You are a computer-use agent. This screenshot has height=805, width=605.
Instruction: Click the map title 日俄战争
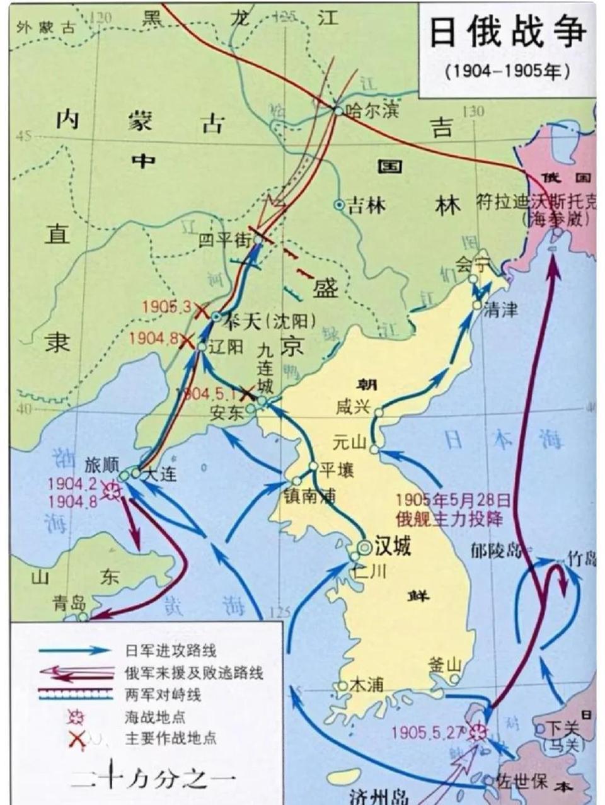pyautogui.click(x=508, y=32)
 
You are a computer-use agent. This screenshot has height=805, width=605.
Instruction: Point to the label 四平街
pyautogui.click(x=225, y=241)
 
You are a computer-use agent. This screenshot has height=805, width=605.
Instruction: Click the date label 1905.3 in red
pyautogui.click(x=166, y=307)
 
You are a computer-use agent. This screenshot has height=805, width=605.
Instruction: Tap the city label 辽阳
pyautogui.click(x=225, y=346)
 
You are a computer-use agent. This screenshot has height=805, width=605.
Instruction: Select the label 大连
pyautogui.click(x=160, y=474)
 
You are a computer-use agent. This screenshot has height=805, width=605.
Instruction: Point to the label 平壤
pyautogui.click(x=337, y=470)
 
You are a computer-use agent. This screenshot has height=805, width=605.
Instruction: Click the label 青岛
pyautogui.click(x=69, y=602)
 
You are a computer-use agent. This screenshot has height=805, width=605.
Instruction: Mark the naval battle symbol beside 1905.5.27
pyautogui.click(x=478, y=732)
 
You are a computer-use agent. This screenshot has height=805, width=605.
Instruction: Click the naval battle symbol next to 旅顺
pyautogui.click(x=114, y=491)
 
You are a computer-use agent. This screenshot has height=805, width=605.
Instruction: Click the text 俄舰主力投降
pyautogui.click(x=449, y=520)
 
